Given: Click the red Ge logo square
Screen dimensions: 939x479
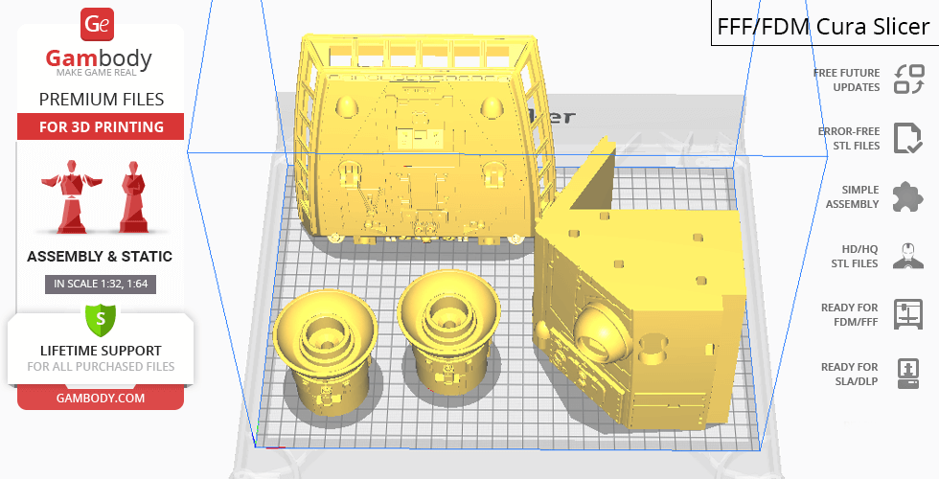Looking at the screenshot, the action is (97, 24).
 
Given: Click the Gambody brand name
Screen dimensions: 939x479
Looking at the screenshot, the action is (99, 58).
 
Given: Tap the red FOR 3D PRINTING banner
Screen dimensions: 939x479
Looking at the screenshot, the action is (101, 126).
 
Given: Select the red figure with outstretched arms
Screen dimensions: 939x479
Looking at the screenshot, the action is (71, 195).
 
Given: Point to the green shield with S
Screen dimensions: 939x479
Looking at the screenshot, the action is (101, 320).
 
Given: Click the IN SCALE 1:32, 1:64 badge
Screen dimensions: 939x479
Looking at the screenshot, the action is (101, 284).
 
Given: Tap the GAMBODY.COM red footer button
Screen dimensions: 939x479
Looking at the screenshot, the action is (101, 399).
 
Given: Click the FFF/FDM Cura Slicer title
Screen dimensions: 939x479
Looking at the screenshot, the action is (823, 27).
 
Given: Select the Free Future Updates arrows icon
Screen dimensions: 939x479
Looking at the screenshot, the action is (909, 79).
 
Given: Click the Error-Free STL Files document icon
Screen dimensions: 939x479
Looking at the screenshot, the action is (908, 138).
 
